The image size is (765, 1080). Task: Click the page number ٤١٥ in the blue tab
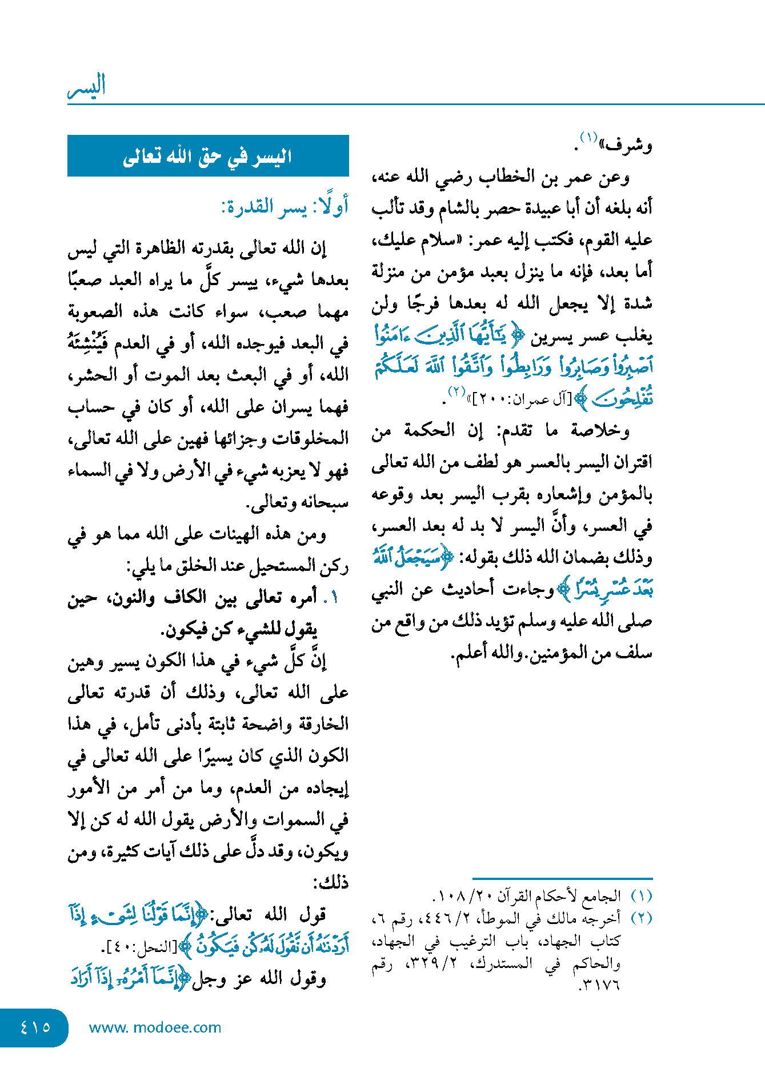coord(35,1027)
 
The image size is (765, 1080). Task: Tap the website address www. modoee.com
coord(155,1027)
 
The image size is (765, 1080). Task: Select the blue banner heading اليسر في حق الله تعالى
coord(208,156)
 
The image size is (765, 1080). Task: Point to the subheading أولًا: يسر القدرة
coord(285,206)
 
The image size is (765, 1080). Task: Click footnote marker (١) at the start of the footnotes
coord(641,895)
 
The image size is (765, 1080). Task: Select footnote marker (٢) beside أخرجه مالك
coord(641,918)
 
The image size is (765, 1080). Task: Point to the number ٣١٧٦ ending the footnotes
coord(599,985)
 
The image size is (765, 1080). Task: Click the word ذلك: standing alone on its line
coord(331,883)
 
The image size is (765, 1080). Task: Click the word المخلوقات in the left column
coord(311,438)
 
